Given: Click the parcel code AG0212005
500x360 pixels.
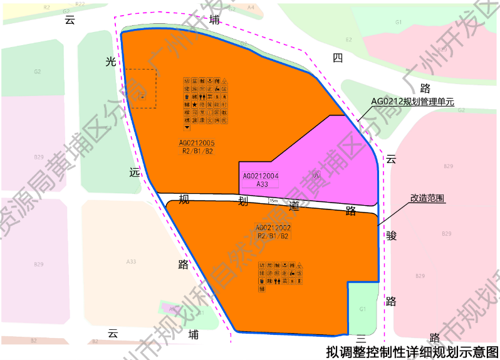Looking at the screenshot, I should [x=197, y=143].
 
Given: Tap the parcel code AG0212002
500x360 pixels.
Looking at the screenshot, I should [x=273, y=228].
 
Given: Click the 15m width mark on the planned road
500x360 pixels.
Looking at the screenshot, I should [x=273, y=201].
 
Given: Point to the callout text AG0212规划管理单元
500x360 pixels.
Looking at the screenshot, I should [x=411, y=101].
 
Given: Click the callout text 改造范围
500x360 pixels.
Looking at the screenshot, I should [x=427, y=198].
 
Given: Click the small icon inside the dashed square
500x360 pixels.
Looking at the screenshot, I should [x=143, y=97].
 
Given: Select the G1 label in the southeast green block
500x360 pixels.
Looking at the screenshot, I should [x=363, y=309].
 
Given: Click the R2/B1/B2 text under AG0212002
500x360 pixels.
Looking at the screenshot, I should [x=273, y=236].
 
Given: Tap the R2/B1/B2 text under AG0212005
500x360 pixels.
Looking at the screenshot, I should [x=197, y=151].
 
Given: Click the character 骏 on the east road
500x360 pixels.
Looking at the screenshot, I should [x=392, y=235].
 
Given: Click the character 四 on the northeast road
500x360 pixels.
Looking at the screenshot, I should [x=338, y=58].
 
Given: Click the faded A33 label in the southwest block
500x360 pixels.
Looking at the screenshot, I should [x=132, y=261].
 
